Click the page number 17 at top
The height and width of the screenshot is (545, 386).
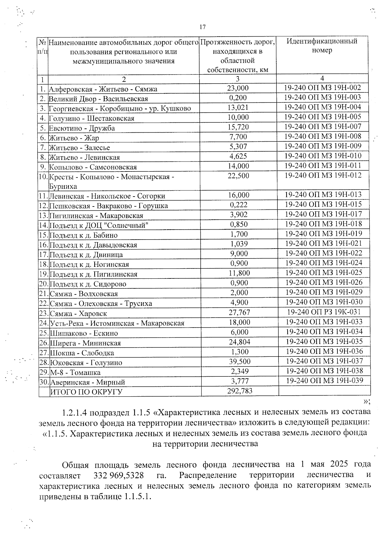(x=202, y=27)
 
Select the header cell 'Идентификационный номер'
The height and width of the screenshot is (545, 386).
(x=322, y=46)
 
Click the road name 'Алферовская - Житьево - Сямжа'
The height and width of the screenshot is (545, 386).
(x=103, y=89)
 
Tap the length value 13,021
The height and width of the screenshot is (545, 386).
(x=238, y=108)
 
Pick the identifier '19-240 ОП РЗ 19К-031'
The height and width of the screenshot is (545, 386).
(x=324, y=312)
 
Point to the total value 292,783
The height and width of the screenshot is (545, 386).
(x=240, y=391)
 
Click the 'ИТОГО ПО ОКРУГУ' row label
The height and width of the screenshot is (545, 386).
(x=86, y=392)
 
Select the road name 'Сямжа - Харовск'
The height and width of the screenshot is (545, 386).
(x=78, y=313)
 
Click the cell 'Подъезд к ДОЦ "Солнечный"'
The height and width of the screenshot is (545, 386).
(x=99, y=225)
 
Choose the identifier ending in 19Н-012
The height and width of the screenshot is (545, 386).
(x=323, y=175)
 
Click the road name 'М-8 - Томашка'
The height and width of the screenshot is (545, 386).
(x=75, y=373)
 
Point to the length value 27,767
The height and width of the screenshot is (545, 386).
(x=239, y=312)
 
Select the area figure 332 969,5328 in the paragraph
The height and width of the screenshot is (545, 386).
(x=118, y=475)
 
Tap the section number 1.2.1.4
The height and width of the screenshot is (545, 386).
(x=76, y=412)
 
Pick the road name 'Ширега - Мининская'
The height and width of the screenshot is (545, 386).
(x=86, y=343)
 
